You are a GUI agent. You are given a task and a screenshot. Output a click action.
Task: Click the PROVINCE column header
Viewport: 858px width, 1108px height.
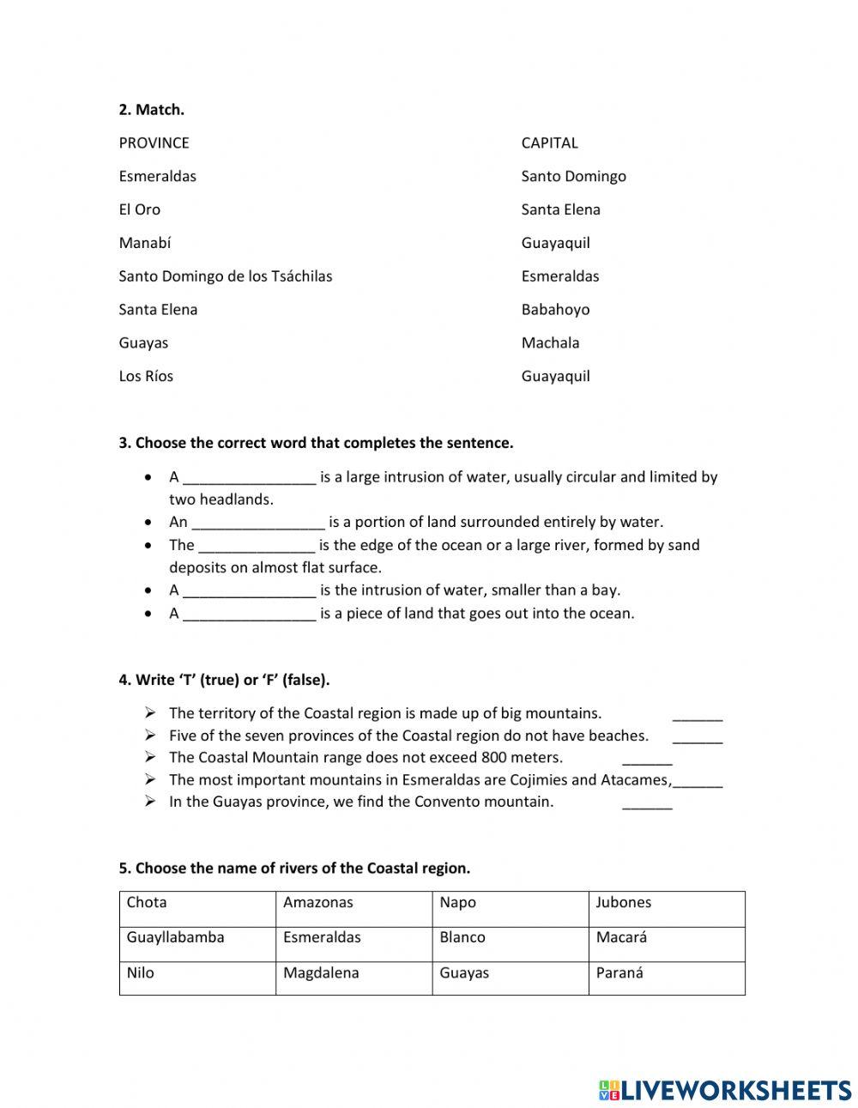pyautogui.click(x=154, y=142)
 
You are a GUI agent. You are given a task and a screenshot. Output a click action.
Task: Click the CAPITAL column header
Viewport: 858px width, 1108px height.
pyautogui.click(x=549, y=142)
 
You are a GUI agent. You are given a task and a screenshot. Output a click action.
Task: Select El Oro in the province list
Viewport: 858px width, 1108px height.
pyautogui.click(x=139, y=209)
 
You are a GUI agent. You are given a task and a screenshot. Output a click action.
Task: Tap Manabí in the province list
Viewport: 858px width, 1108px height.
pyautogui.click(x=144, y=243)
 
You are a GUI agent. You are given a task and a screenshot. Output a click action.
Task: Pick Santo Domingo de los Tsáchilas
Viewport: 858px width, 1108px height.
pyautogui.click(x=225, y=276)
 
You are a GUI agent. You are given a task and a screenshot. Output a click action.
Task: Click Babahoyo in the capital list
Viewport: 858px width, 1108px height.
pyautogui.click(x=555, y=310)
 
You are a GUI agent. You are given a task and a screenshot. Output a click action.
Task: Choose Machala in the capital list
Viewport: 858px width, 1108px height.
pyautogui.click(x=550, y=342)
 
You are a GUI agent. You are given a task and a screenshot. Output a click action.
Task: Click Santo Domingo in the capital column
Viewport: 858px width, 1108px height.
pyautogui.click(x=573, y=176)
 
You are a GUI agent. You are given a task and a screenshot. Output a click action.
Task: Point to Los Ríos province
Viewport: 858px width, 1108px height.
pyautogui.click(x=146, y=376)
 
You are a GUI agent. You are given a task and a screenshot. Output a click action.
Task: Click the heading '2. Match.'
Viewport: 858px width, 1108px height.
pyautogui.click(x=151, y=109)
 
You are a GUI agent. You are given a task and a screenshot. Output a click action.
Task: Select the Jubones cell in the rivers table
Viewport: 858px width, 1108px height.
pyautogui.click(x=666, y=909)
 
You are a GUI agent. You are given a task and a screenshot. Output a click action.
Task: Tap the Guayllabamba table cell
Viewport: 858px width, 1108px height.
pyautogui.click(x=197, y=944)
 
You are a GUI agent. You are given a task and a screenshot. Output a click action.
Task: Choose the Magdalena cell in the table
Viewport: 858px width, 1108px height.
pyautogui.click(x=353, y=978)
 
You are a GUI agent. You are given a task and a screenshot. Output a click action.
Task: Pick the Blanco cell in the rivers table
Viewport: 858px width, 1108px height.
pyautogui.click(x=510, y=944)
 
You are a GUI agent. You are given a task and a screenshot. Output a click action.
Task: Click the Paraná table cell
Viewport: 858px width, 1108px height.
pyautogui.click(x=666, y=978)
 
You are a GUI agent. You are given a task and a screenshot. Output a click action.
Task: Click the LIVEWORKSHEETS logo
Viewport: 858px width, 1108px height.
pyautogui.click(x=725, y=1090)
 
